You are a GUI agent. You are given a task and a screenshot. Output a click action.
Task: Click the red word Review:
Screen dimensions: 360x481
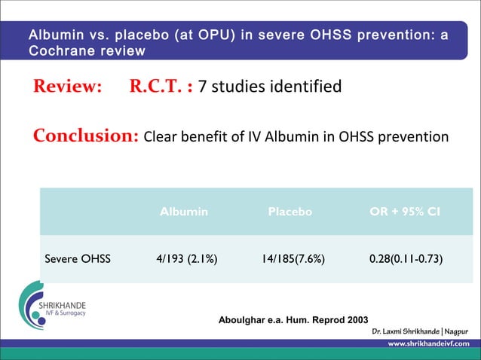pos(66,87)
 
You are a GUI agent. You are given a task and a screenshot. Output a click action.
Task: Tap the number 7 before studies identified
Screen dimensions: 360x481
pos(203,87)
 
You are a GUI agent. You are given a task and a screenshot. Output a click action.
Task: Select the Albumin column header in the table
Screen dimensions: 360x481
pos(184,212)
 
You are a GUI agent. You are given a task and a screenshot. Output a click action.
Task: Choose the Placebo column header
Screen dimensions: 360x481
pos(290,212)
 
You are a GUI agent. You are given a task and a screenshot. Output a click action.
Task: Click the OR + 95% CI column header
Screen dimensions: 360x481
pos(405,212)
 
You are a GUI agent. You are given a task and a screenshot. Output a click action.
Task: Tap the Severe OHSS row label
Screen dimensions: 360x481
pos(78,259)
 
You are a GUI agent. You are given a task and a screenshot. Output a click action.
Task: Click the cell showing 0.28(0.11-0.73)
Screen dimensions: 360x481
pos(406,259)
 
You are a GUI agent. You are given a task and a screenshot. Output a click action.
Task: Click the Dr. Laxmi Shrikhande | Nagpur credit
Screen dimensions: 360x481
pos(419,332)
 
